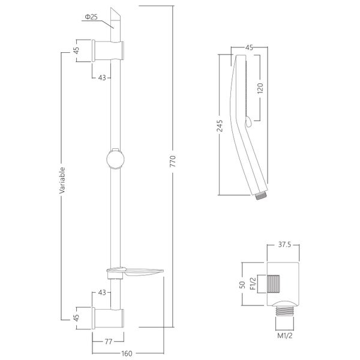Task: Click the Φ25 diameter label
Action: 91,17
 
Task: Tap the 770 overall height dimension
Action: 173,161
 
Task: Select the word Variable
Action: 62,181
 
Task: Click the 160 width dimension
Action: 127,353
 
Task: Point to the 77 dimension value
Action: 109,341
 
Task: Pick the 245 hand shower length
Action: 220,126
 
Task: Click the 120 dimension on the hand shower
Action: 260,88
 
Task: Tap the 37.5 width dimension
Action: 284,245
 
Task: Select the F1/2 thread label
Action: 253,284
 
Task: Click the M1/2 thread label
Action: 284,335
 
